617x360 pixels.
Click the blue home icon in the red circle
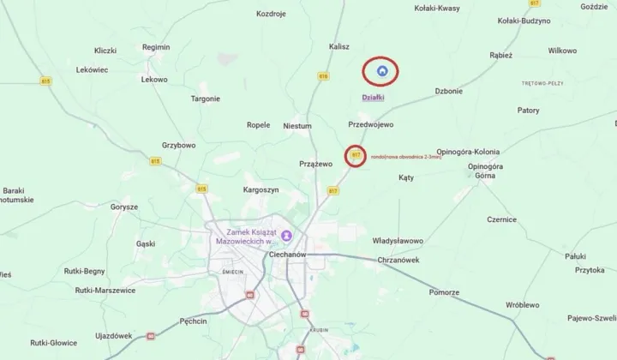click(x=383, y=71)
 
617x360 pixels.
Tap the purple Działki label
click(x=374, y=99)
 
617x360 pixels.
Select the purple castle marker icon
click(x=287, y=236)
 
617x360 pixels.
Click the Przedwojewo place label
click(x=371, y=125)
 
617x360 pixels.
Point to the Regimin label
click(x=157, y=47)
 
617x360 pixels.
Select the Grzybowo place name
click(x=178, y=146)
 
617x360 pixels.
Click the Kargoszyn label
click(x=261, y=189)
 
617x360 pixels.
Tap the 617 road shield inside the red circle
click(x=355, y=156)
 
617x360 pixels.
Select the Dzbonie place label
click(x=449, y=91)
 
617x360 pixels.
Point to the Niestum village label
click(x=297, y=125)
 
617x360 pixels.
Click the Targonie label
click(x=206, y=99)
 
